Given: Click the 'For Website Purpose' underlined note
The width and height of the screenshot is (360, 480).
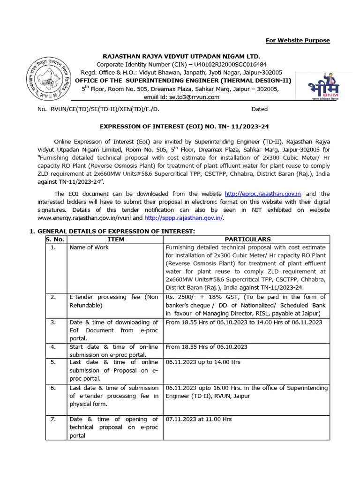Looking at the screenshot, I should click(298, 40).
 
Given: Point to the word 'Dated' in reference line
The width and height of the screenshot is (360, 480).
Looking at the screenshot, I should click(260, 109).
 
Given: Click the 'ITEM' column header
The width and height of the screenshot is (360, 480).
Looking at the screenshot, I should click(116, 240).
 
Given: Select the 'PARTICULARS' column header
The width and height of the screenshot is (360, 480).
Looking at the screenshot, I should click(247, 240).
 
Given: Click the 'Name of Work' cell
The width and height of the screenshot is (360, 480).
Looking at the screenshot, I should click(89, 247).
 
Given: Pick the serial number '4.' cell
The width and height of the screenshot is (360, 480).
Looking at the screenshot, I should click(53, 347).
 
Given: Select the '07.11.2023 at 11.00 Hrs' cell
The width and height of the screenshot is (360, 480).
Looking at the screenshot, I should click(199, 419).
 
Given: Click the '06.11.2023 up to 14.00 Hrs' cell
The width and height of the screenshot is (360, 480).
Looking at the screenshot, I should click(203, 362).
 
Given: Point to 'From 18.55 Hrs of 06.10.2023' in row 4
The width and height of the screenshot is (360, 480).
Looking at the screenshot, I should click(207, 347).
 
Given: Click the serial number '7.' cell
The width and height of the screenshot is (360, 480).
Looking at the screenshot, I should click(53, 419).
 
